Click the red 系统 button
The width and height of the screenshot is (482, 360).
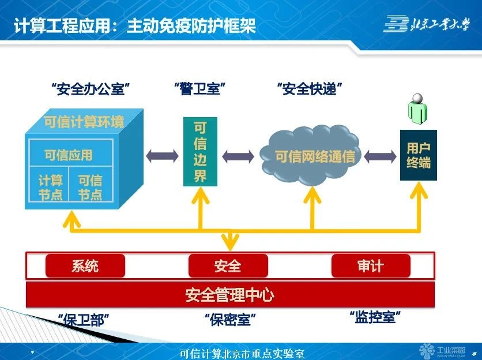(x=85, y=266)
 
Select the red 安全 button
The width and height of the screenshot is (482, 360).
(x=228, y=266)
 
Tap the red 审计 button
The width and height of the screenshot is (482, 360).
(x=370, y=266)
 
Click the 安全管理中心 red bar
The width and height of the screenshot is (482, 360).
(x=229, y=295)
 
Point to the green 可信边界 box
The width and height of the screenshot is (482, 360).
(x=200, y=152)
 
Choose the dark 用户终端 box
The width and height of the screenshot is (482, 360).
(x=418, y=155)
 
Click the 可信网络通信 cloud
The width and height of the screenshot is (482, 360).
(x=311, y=155)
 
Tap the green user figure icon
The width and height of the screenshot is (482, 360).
(x=418, y=108)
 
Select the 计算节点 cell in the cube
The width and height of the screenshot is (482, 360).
(x=50, y=187)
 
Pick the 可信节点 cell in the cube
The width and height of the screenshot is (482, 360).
(x=90, y=187)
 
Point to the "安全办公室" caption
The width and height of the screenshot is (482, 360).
(x=89, y=89)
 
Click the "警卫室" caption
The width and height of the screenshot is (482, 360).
(x=199, y=89)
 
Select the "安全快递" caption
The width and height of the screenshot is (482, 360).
(x=310, y=89)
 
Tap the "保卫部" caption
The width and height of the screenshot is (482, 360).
(x=84, y=319)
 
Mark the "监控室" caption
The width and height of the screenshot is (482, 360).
(x=375, y=317)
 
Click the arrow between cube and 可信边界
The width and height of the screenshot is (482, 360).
(x=163, y=156)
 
